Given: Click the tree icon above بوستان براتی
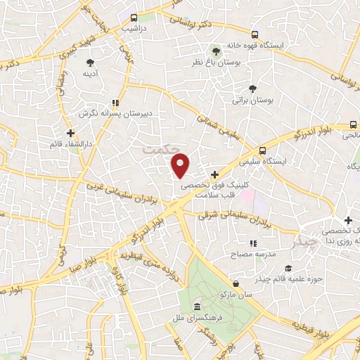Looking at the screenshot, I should [x=252, y=88].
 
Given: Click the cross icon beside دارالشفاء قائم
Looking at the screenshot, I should [x=70, y=131].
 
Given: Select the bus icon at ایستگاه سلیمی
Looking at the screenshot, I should [x=263, y=150].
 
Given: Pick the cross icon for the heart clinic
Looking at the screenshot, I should [x=214, y=174].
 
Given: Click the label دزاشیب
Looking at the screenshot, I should [x=134, y=30].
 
